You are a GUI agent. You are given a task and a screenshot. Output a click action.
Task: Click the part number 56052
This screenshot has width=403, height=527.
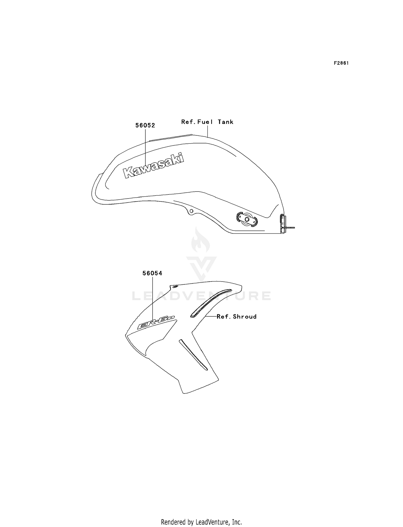(x=145, y=125)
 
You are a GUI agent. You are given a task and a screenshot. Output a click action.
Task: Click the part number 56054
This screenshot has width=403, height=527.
(x=152, y=273)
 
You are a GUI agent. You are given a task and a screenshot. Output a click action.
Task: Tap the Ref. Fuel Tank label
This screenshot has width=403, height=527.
(x=207, y=122)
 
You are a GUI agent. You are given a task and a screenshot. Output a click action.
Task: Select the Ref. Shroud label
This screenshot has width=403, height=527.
(x=237, y=317)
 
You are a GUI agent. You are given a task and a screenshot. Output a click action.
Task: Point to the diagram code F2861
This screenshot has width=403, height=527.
(x=341, y=63)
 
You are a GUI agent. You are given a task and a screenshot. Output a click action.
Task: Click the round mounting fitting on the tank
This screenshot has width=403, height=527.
(x=247, y=219)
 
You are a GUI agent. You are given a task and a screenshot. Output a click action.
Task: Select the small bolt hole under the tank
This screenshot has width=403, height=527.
(x=191, y=211)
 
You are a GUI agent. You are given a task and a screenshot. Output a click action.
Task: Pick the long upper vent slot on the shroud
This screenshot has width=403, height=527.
(x=211, y=303)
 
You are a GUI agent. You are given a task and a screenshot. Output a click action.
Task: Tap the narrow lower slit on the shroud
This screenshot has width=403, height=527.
(x=193, y=355)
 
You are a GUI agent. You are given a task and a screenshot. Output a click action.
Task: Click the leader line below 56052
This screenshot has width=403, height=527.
(x=145, y=148)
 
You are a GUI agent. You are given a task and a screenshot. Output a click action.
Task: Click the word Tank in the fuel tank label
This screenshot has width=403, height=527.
(x=226, y=122)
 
